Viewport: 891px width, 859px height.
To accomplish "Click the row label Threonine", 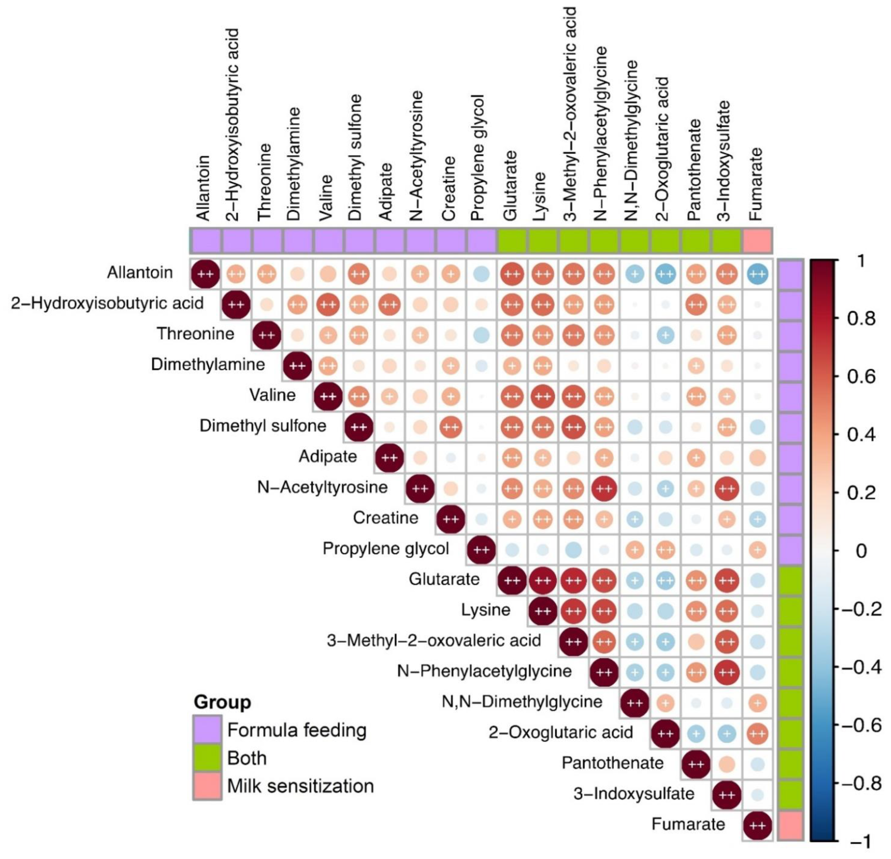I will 196,334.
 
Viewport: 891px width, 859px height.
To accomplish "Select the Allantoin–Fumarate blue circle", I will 757,274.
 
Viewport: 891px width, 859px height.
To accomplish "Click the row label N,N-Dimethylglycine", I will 522,702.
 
